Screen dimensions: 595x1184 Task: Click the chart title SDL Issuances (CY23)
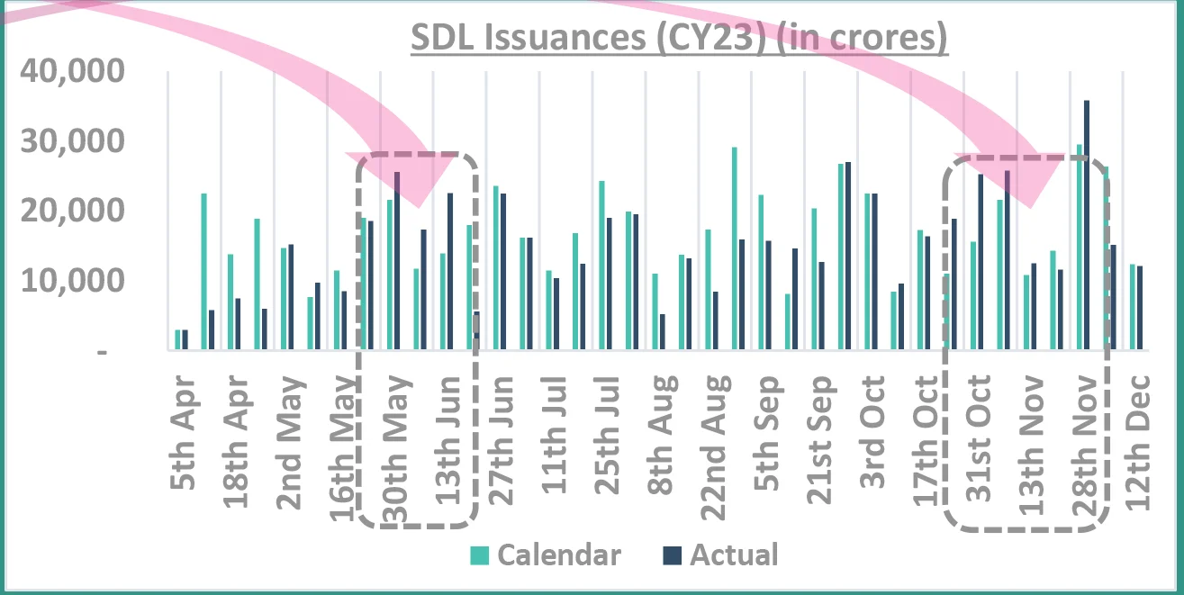tap(680, 39)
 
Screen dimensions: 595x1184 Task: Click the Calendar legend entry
tap(546, 554)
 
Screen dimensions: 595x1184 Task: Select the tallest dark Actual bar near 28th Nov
tap(1088, 225)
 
